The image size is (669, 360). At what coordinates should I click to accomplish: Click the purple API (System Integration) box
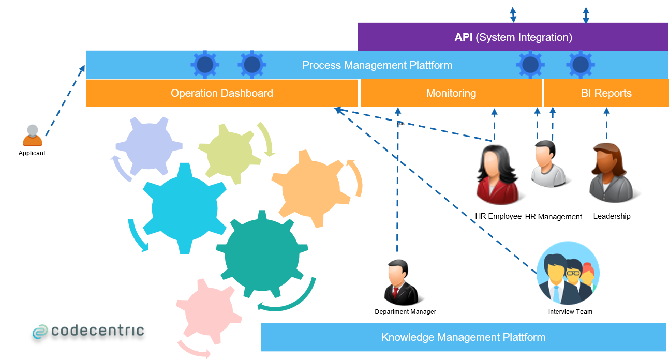(x=513, y=37)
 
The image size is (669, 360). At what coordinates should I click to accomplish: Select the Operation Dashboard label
(x=222, y=94)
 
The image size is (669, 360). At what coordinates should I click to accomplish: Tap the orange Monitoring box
(x=451, y=94)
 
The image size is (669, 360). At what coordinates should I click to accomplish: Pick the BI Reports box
(x=606, y=94)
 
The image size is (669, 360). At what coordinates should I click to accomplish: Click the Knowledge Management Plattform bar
(x=463, y=337)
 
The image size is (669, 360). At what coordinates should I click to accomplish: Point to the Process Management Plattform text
(x=377, y=65)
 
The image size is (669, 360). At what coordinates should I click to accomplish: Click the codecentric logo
(x=88, y=331)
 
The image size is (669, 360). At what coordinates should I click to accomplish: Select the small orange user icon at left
(x=33, y=135)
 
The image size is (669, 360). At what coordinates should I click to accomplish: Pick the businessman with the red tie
(x=399, y=281)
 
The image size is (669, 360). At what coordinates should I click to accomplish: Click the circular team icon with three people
(x=568, y=273)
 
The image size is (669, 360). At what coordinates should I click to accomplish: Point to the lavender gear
(x=148, y=146)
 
